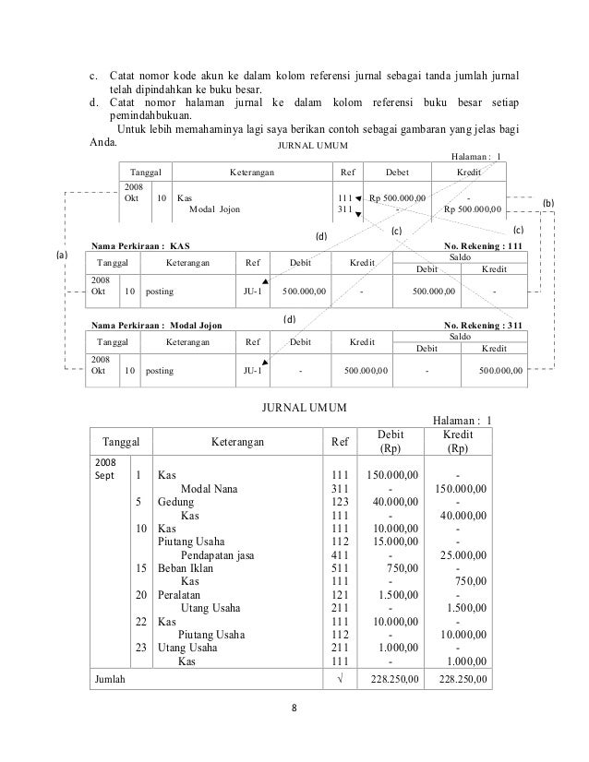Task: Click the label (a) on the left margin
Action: [x=62, y=255]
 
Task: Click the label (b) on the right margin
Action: [x=550, y=202]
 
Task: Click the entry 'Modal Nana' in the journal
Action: [x=212, y=488]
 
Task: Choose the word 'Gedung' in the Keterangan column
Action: [x=175, y=502]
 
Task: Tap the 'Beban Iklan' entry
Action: [x=185, y=568]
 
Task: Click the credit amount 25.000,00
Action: [x=463, y=555]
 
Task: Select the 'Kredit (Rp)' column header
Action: [x=459, y=441]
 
